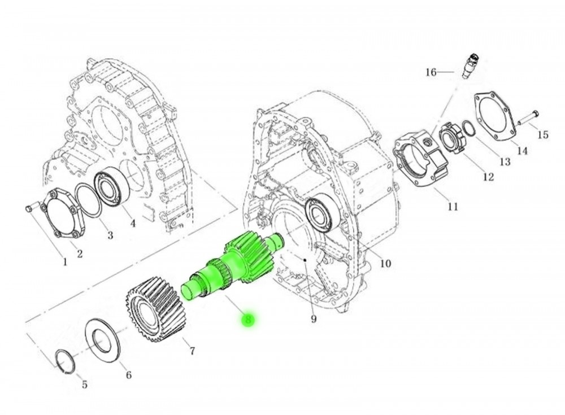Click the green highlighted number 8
(x=248, y=320)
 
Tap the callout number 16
(x=431, y=72)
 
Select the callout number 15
(x=542, y=134)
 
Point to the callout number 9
(x=314, y=320)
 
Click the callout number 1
(x=64, y=261)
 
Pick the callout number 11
(x=453, y=207)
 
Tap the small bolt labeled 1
(x=31, y=210)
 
